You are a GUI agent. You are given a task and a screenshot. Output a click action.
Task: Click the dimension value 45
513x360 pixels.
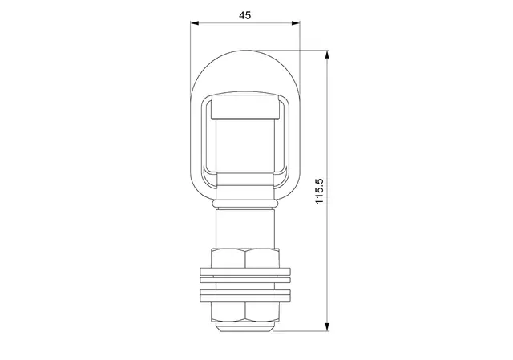[x=244, y=15]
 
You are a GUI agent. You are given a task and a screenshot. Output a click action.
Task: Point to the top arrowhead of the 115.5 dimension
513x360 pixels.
[x=328, y=57]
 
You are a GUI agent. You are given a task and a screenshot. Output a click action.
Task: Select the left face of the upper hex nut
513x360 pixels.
[x=228, y=258]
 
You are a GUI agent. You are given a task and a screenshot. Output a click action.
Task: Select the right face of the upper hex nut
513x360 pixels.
[x=262, y=258]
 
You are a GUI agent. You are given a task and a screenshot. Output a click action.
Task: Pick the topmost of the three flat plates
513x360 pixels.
[x=244, y=273]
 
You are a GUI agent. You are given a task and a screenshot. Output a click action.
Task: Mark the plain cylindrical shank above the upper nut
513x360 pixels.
[x=244, y=229]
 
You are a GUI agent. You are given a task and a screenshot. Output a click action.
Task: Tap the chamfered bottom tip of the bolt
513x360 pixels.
[x=244, y=326]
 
